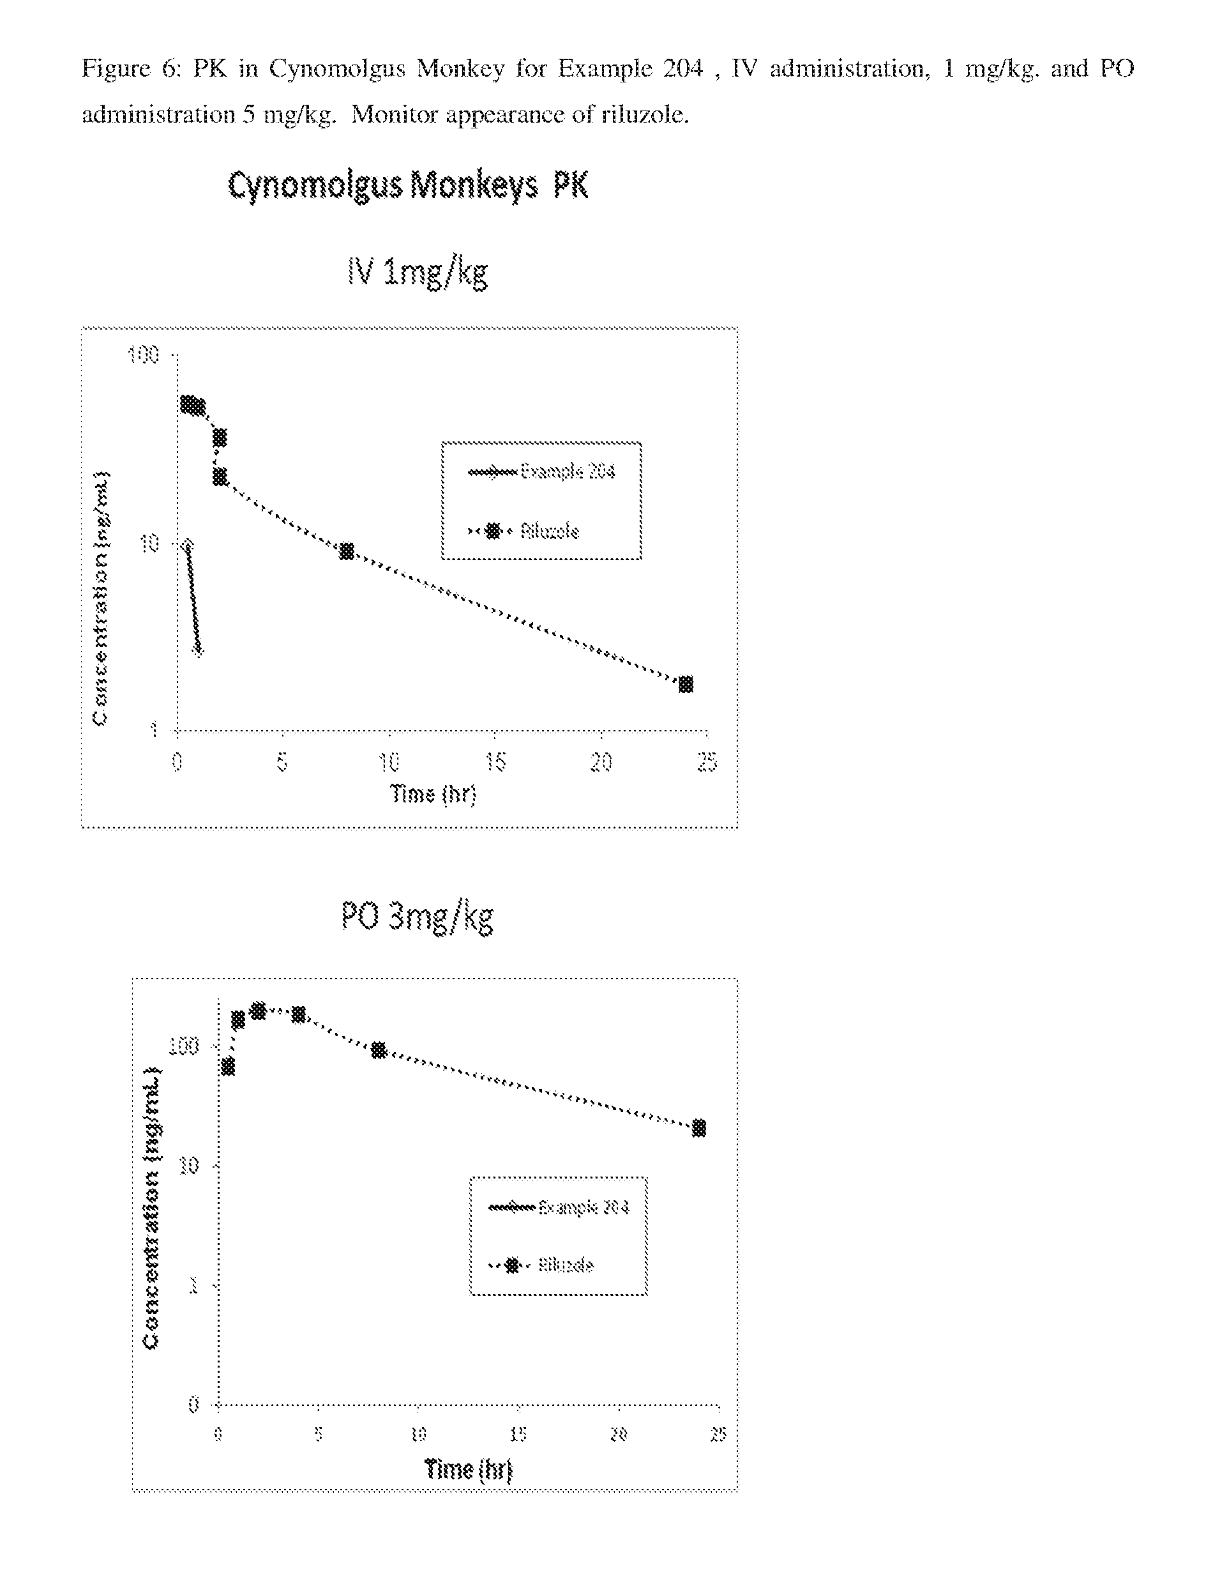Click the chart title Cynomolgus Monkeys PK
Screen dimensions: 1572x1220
tap(408, 185)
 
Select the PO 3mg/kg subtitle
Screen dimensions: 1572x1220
tap(418, 918)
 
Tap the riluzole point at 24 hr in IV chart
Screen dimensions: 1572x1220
tap(686, 683)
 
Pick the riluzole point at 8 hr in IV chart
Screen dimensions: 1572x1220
tap(347, 551)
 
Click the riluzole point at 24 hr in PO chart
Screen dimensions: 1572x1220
tap(698, 1128)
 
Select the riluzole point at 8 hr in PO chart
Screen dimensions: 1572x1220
tap(379, 1051)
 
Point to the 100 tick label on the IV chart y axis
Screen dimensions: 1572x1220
tap(143, 355)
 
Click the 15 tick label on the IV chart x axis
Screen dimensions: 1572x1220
tap(495, 761)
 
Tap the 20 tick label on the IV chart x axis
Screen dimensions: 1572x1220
tap(601, 761)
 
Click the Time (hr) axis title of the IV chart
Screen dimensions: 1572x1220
tap(433, 794)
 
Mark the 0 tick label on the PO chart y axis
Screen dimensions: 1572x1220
tap(193, 1404)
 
